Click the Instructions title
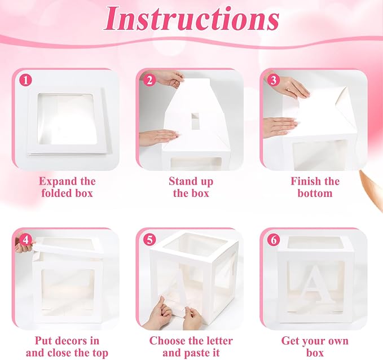coord(192,19)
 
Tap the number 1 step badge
coord(25,80)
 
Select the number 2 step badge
coord(149,80)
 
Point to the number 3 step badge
coord(274,80)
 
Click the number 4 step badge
coord(25,240)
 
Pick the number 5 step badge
coord(149,240)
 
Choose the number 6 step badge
coord(274,240)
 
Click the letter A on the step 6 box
coord(314,282)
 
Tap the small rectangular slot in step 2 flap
coord(195,121)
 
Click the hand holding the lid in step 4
coord(23,245)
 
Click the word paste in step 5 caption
coord(196,353)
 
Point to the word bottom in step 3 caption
coord(315,194)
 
